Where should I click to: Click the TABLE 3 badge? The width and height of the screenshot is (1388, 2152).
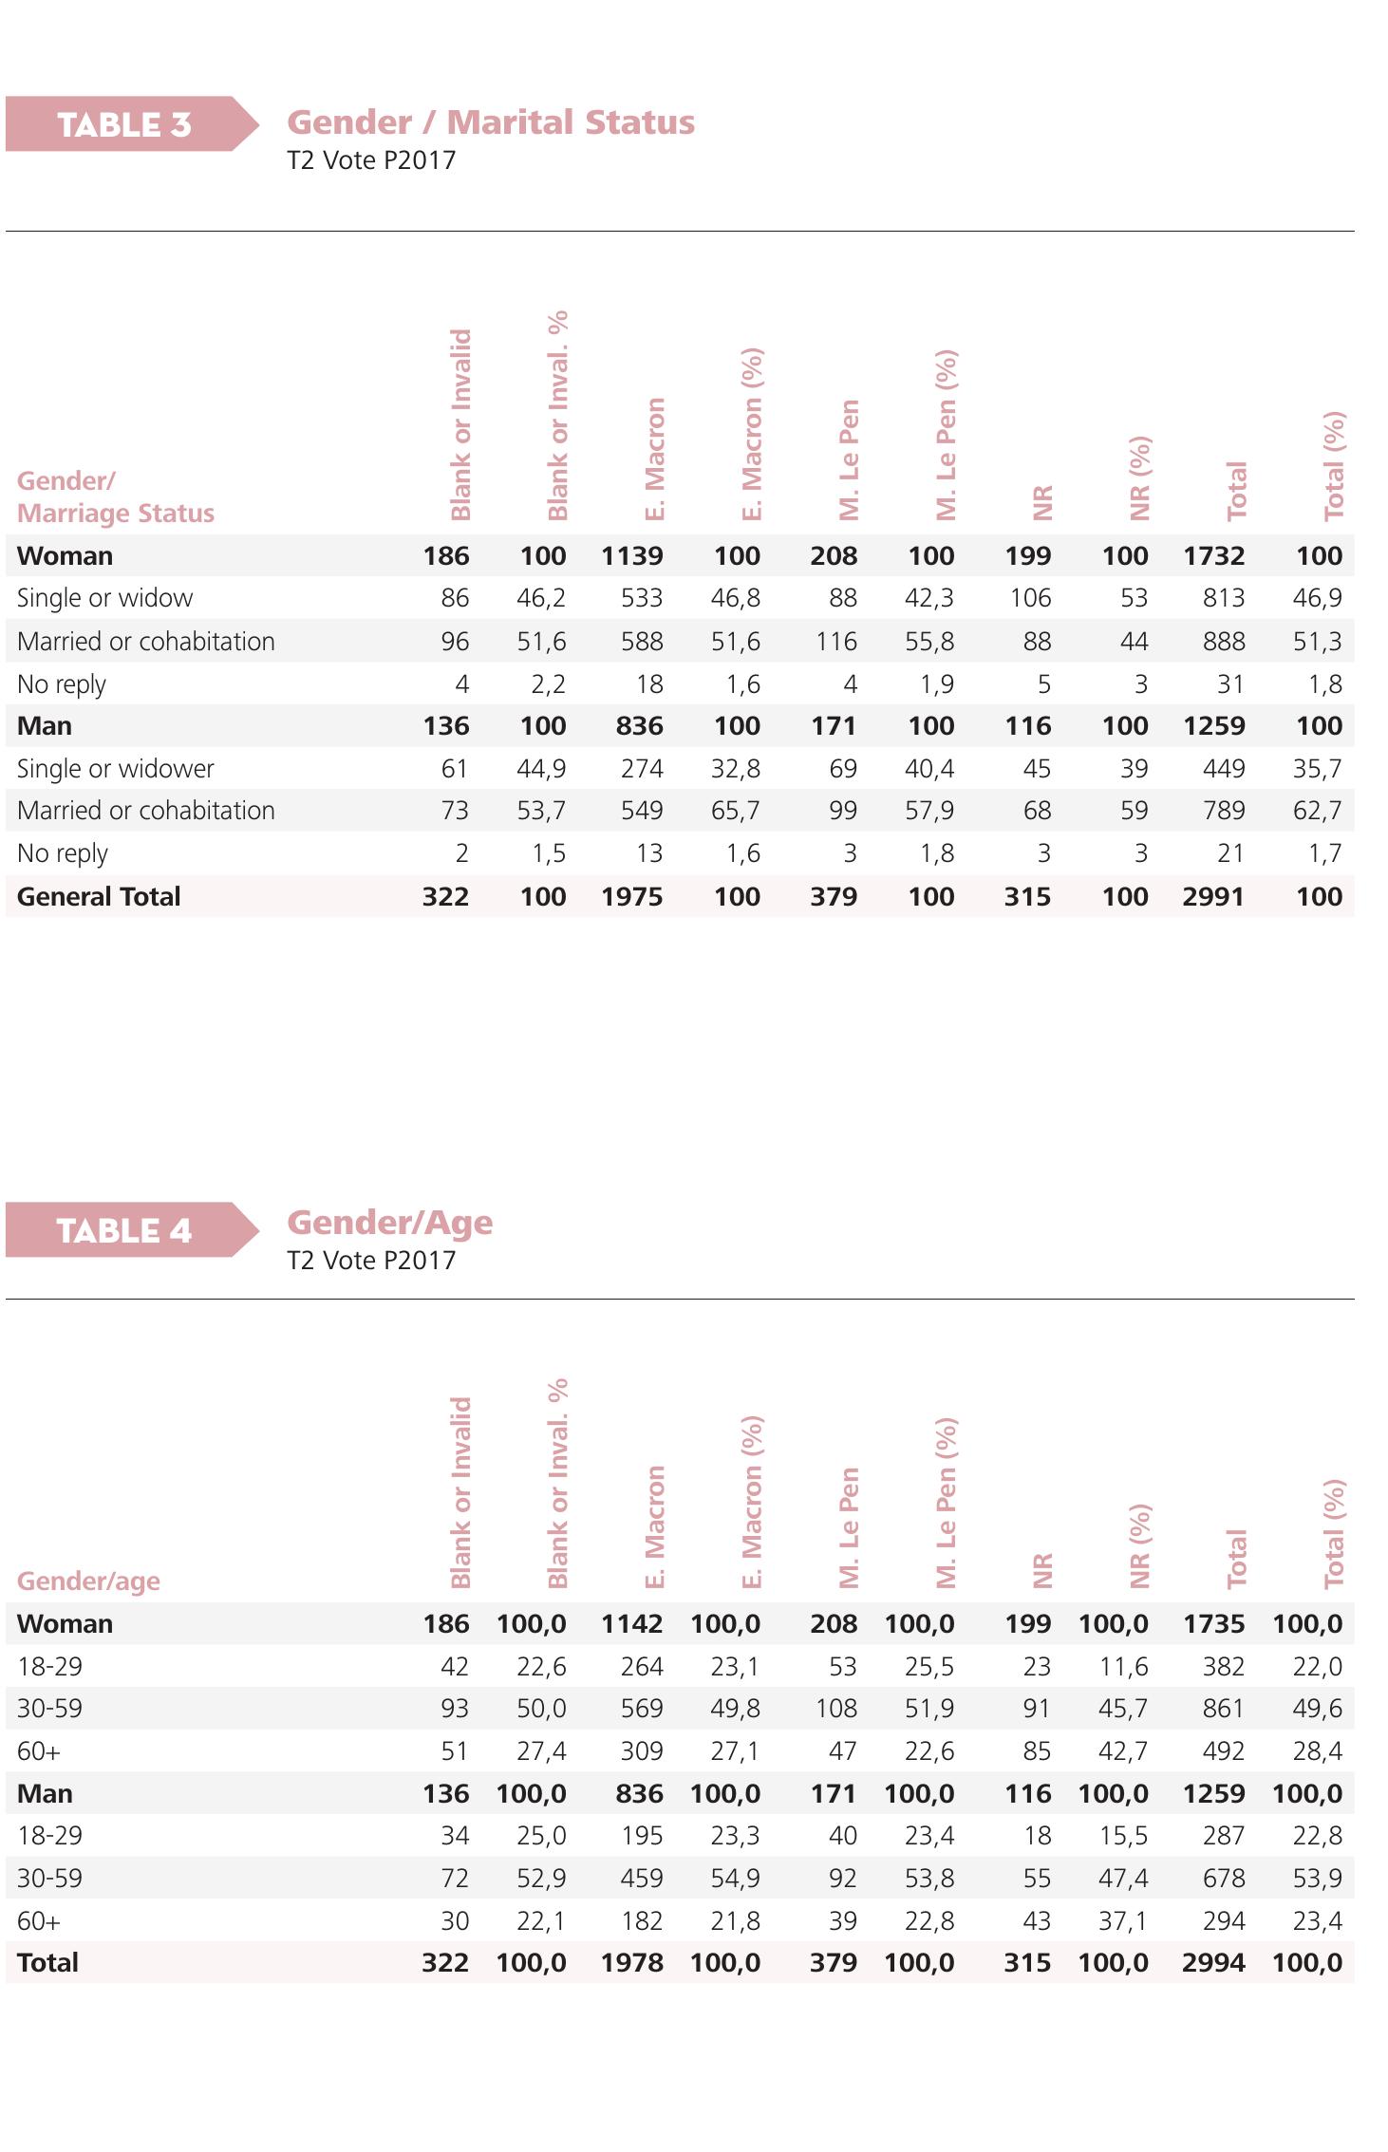pyautogui.click(x=124, y=124)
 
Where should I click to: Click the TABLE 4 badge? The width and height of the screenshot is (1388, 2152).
pyautogui.click(x=124, y=1230)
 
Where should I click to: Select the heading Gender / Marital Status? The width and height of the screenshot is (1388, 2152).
pyautogui.click(x=491, y=122)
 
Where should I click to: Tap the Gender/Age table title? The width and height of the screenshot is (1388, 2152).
pyautogui.click(x=390, y=1223)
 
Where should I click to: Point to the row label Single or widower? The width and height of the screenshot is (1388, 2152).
pyautogui.click(x=116, y=768)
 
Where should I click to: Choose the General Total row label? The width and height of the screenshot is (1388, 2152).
pyautogui.click(x=99, y=896)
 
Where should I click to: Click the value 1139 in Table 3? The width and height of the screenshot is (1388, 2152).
pyautogui.click(x=631, y=556)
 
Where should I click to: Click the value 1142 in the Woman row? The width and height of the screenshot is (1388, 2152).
pyautogui.click(x=631, y=1623)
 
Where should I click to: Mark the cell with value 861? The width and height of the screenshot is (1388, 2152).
pyautogui.click(x=1223, y=1709)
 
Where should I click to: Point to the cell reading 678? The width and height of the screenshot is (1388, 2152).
pyautogui.click(x=1223, y=1878)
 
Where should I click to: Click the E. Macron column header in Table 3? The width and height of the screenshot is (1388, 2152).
pyautogui.click(x=655, y=458)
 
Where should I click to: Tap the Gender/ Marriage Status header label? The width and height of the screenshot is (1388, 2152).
pyautogui.click(x=116, y=496)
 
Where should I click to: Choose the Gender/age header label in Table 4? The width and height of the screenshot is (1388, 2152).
pyautogui.click(x=88, y=1581)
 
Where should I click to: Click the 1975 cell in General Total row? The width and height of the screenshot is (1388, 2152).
pyautogui.click(x=631, y=896)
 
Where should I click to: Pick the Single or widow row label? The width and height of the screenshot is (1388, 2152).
pyautogui.click(x=104, y=598)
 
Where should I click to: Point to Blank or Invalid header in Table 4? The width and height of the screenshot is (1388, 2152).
pyautogui.click(x=460, y=1492)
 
